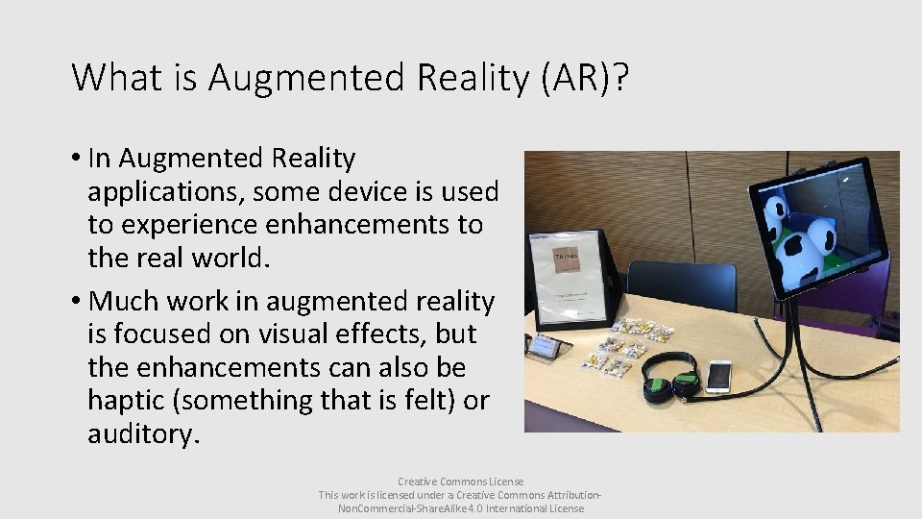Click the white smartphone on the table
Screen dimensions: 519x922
718,376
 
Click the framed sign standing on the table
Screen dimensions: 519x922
575,279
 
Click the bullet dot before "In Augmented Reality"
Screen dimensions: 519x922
75,158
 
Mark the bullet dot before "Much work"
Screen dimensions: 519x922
75,302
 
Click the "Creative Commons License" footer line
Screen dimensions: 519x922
461,481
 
